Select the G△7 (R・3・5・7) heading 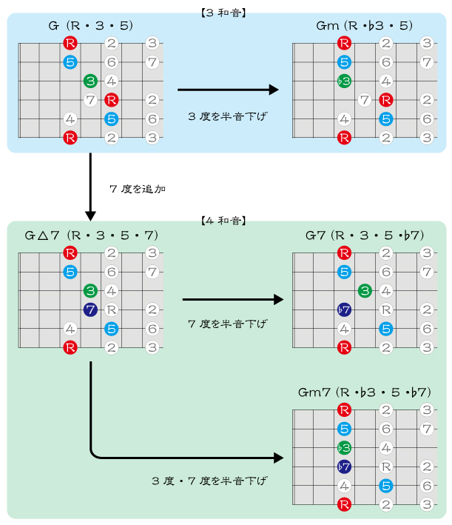[91, 235]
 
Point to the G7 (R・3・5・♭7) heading [364, 235]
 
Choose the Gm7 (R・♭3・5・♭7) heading [364, 391]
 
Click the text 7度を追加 [137, 189]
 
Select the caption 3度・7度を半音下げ [209, 481]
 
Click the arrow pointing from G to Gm [227, 90]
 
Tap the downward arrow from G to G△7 [90, 185]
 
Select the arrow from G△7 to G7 [232, 299]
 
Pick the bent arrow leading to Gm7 [148, 456]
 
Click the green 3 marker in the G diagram [90, 81]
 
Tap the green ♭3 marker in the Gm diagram [343, 81]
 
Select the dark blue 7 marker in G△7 [90, 310]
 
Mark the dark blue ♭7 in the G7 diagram [343, 310]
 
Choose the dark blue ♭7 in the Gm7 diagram [343, 467]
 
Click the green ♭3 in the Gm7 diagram [343, 447]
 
